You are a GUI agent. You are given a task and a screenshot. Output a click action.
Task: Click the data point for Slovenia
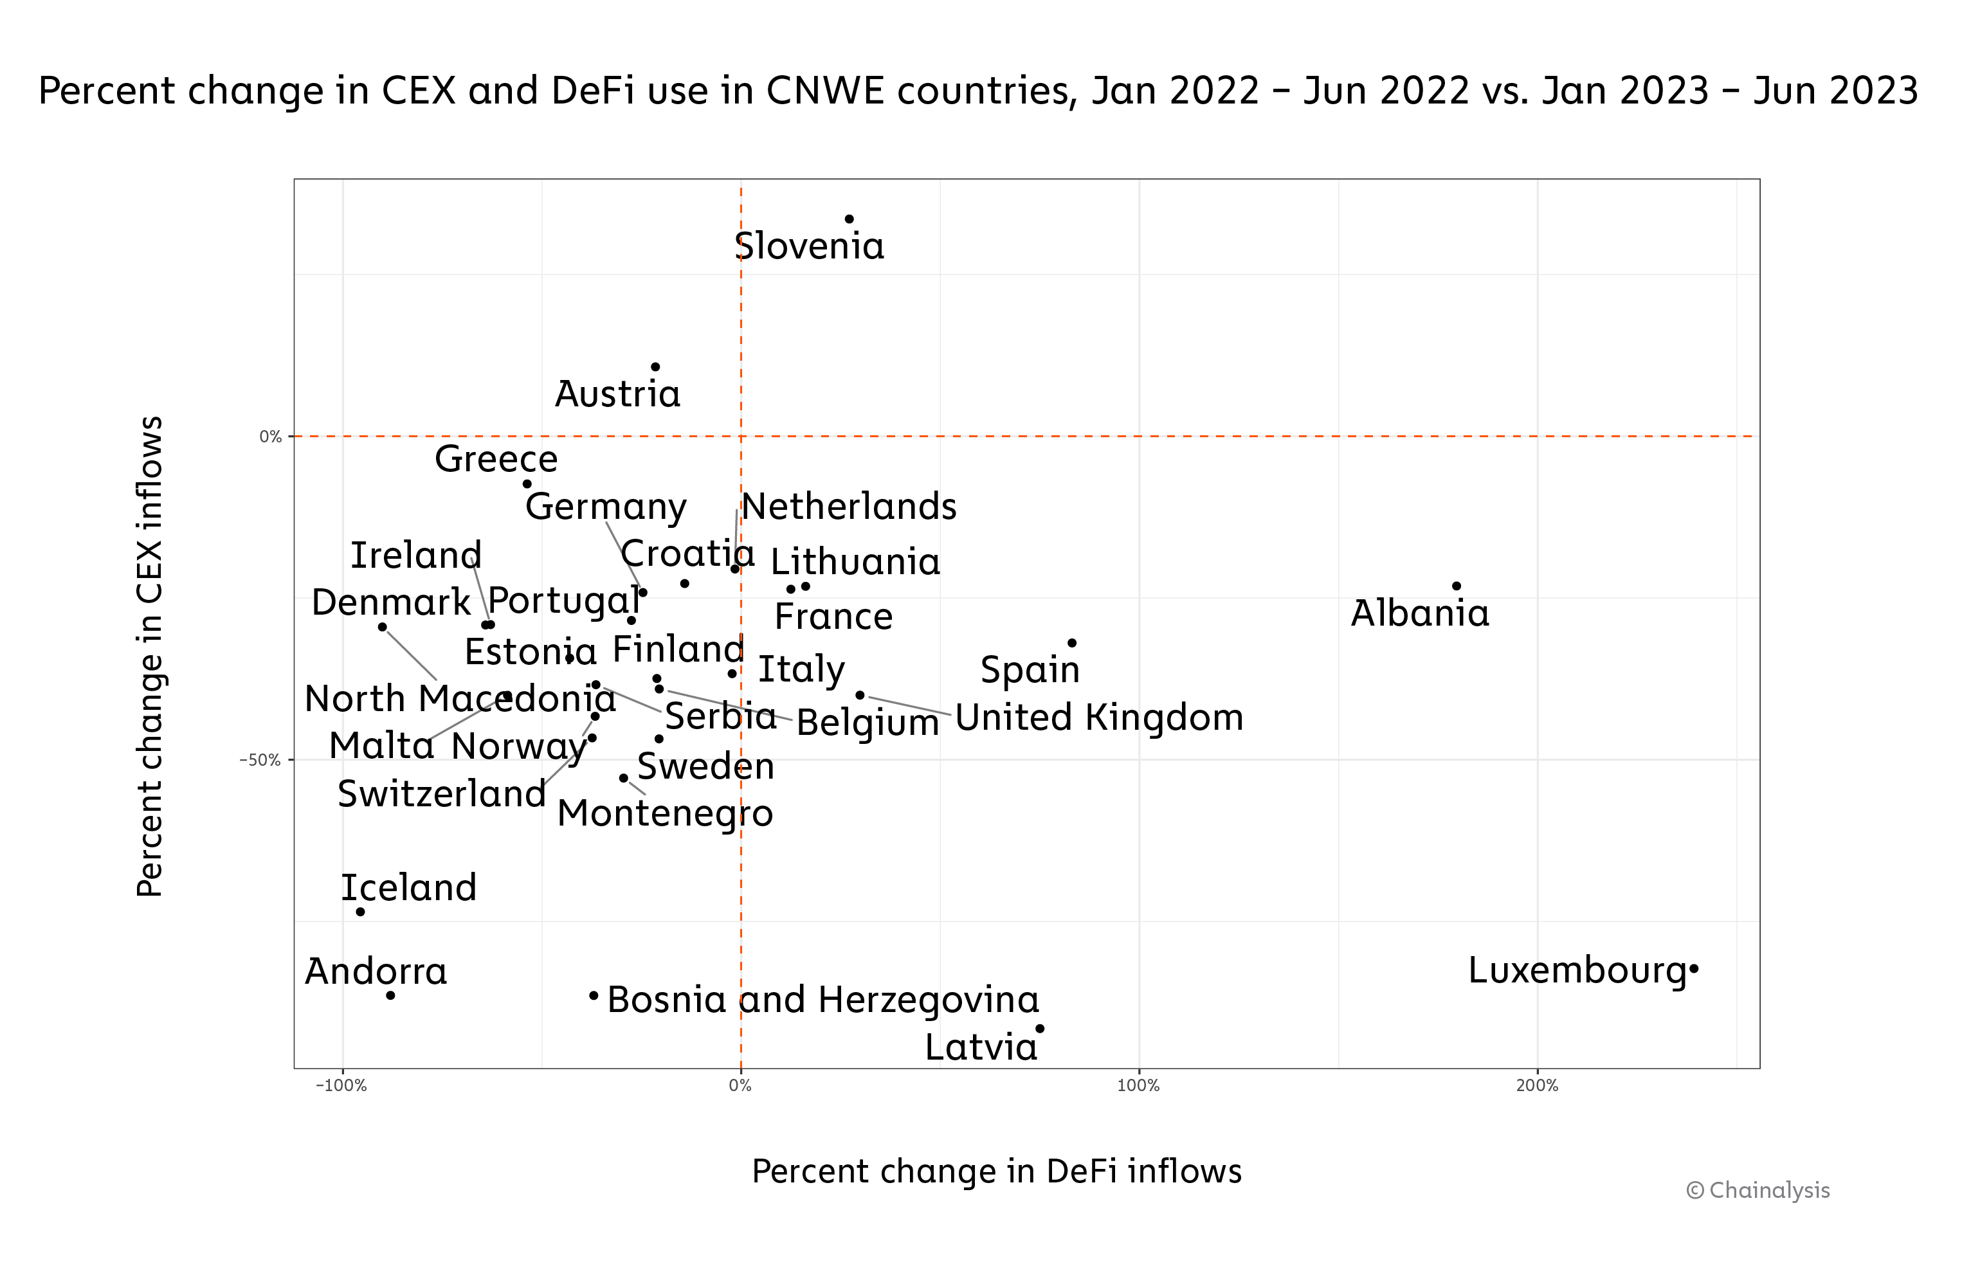click(x=849, y=219)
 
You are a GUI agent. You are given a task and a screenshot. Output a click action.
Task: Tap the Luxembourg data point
click(x=1694, y=969)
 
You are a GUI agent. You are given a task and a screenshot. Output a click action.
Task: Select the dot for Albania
click(x=1457, y=586)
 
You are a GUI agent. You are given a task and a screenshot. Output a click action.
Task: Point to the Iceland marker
click(x=360, y=912)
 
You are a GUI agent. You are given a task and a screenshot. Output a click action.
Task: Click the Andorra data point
click(x=391, y=995)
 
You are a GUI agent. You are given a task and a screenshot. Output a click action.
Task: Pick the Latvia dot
click(x=1040, y=1029)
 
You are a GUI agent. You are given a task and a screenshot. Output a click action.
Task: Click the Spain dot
click(x=1073, y=643)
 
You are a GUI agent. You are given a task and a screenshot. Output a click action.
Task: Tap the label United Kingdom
click(x=1099, y=717)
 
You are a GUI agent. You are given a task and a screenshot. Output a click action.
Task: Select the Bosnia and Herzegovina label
click(x=822, y=1000)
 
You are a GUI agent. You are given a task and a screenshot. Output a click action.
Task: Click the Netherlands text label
click(x=849, y=506)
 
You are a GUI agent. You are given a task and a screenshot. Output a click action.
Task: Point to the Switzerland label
click(x=442, y=793)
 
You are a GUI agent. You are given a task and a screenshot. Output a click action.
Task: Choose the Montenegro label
click(x=666, y=813)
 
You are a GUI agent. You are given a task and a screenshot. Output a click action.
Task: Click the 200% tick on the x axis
click(x=1538, y=1085)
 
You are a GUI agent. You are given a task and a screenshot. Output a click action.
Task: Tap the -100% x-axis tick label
click(x=341, y=1085)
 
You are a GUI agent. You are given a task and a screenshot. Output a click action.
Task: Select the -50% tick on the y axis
click(x=260, y=760)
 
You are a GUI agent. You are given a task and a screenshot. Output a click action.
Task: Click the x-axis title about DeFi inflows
click(x=997, y=1171)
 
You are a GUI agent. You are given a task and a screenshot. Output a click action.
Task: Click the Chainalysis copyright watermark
click(x=1758, y=1190)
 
